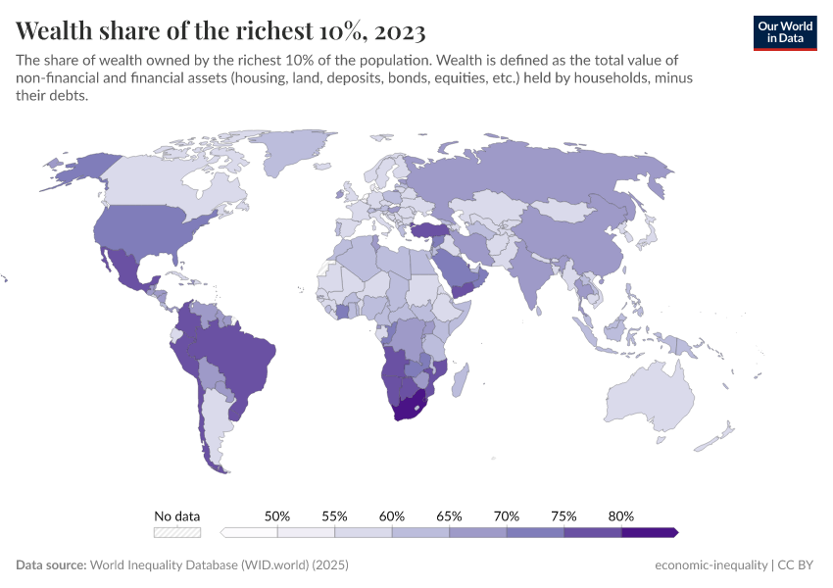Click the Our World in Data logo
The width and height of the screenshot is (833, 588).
click(784, 31)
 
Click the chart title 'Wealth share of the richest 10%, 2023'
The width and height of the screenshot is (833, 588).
click(220, 28)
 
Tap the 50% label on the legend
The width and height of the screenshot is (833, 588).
click(277, 515)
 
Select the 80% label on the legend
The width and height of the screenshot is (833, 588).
click(621, 515)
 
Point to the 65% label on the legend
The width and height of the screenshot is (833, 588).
click(449, 515)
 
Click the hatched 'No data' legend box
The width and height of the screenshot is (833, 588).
click(177, 532)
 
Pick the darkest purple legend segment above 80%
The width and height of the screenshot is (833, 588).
click(649, 532)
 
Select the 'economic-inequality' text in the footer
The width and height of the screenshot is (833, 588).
click(710, 565)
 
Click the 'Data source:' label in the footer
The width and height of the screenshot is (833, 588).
click(51, 565)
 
